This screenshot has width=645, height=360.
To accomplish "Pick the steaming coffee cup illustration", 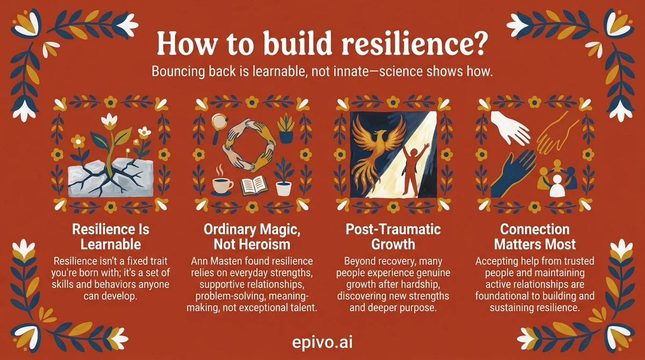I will [221, 182].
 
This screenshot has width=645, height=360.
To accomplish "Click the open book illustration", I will [254, 186].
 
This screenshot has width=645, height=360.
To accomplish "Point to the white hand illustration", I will [510, 127].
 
